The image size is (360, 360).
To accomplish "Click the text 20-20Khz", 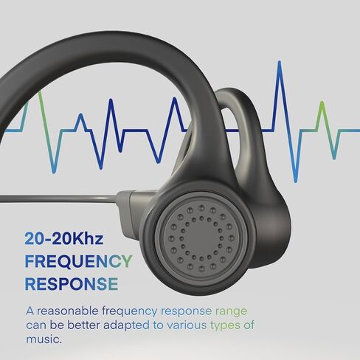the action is pyautogui.click(x=64, y=238).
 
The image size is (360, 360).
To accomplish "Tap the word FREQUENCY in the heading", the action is pyautogui.click(x=79, y=261).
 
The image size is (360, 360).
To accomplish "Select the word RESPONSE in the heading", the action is pyautogui.click(x=72, y=284).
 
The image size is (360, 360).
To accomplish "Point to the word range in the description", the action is pyautogui.click(x=232, y=312).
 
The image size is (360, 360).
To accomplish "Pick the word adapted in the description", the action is pyautogui.click(x=126, y=326).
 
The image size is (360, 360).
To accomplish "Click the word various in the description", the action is pyautogui.click(x=187, y=325).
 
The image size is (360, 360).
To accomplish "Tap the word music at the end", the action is pyautogui.click(x=44, y=339).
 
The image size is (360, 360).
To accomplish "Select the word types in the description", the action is pyautogui.click(x=225, y=326).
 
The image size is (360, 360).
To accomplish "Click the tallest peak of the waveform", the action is pyautogui.click(x=280, y=62).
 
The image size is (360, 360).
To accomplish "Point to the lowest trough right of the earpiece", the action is pyautogui.click(x=296, y=181).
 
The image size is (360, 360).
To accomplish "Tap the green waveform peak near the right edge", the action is pyautogui.click(x=322, y=103).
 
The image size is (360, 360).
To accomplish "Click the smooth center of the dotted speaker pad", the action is pyautogui.click(x=201, y=238).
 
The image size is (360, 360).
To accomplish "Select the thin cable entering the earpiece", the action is pyautogui.click(x=58, y=198).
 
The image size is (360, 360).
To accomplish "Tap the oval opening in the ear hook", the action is pyautogui.click(x=231, y=131).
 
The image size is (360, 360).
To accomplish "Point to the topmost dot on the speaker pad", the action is pyautogui.click(x=201, y=208).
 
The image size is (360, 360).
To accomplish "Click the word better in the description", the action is pyautogui.click(x=83, y=325).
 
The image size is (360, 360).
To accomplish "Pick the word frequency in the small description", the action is pyautogui.click(x=129, y=312).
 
